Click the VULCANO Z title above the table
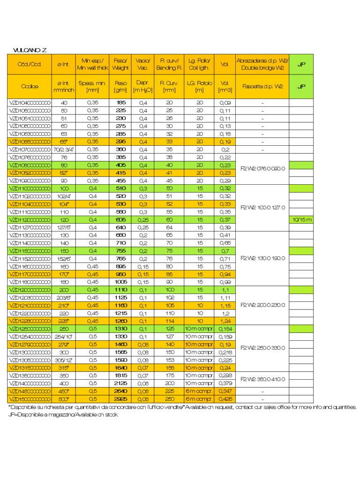pos(30,50)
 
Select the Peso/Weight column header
pos(120,64)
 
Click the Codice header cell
pos(30,86)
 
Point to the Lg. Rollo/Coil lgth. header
pos(200,64)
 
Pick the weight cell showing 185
pos(121,103)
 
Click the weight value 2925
pos(121,399)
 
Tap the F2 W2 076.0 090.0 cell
pos(262,169)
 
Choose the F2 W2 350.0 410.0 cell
pos(262,379)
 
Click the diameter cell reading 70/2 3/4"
pos(64,150)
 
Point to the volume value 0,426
pos(225,399)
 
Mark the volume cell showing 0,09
pos(225,103)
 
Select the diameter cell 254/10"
pos(64,337)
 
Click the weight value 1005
pos(121,282)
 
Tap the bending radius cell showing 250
pos(169,399)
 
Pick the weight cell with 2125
pos(121,383)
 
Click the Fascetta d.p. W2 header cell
pos(262,86)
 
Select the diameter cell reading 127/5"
pos(64,227)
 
